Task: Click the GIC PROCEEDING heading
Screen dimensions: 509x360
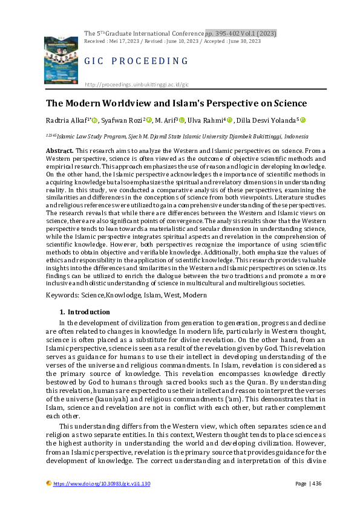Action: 136,61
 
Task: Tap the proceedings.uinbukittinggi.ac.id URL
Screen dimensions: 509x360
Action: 137,85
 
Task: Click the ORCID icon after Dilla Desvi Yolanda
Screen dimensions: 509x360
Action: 303,121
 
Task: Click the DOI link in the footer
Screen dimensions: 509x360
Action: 102,484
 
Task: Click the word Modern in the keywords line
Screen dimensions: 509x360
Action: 194,295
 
